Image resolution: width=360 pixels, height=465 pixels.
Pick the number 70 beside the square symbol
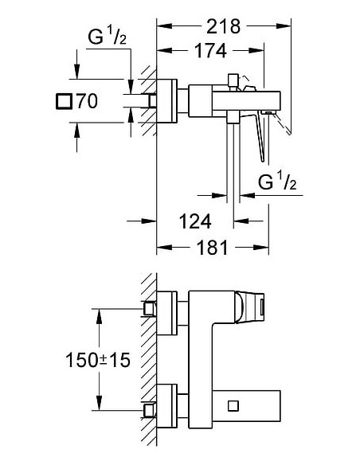(87, 101)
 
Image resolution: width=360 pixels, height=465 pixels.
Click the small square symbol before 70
(64, 101)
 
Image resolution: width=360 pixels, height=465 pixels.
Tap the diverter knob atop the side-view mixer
(233, 81)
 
